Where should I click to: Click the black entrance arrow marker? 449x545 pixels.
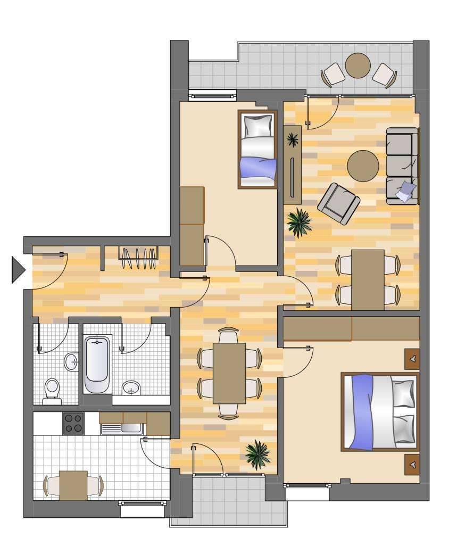[x=18, y=269]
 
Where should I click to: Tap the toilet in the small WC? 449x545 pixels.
[x=52, y=388]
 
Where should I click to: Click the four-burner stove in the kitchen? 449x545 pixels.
[x=73, y=423]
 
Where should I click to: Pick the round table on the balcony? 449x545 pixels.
[x=358, y=65]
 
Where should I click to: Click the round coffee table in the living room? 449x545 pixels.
[x=363, y=166]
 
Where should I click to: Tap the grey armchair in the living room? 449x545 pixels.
[x=338, y=202]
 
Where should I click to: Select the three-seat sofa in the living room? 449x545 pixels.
[x=402, y=166]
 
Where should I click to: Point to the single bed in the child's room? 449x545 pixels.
[x=257, y=150]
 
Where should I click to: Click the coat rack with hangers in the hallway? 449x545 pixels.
[x=138, y=258]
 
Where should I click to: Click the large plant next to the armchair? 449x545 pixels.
[x=299, y=221]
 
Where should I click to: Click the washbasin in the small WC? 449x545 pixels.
[x=71, y=362]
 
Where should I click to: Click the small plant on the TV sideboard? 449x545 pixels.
[x=292, y=139]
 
